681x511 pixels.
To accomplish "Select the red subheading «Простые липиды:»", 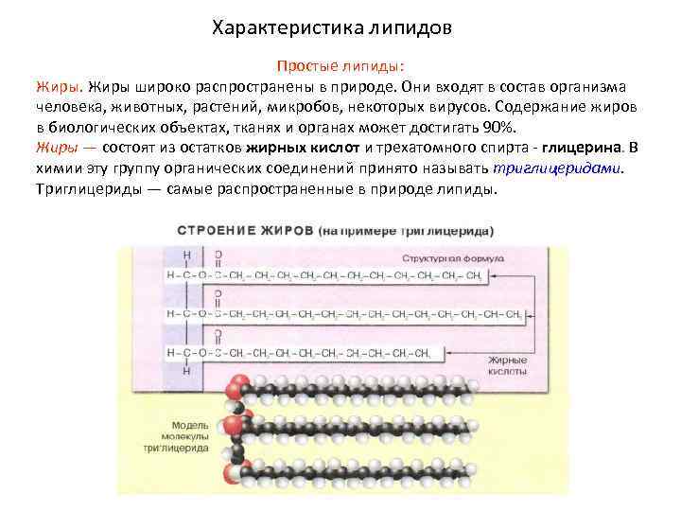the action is [340, 66].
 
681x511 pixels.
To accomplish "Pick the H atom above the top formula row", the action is [186, 255].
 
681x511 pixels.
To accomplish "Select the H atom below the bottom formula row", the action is [186, 370].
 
